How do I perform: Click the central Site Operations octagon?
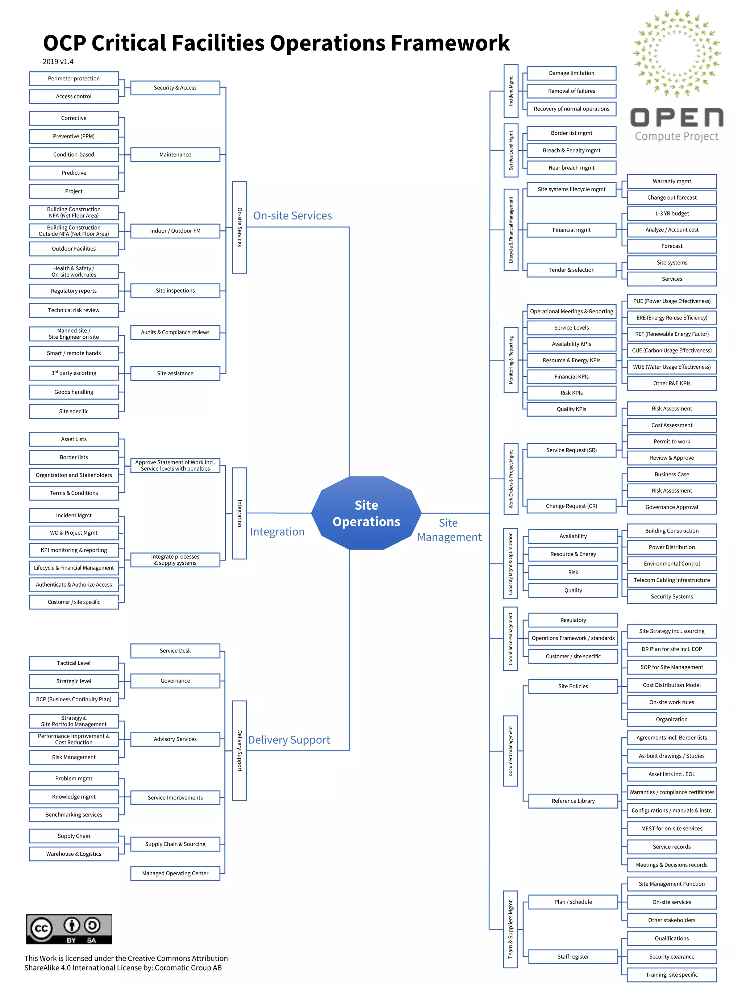coord(366,513)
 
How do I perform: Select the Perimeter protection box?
coord(74,78)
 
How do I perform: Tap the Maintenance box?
coord(175,154)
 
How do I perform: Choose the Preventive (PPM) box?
coord(74,136)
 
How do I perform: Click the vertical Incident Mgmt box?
coord(511,91)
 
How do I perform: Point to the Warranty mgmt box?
coord(671,181)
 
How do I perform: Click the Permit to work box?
coord(671,441)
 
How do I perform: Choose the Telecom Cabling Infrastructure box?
coord(671,580)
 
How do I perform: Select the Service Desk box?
coord(175,651)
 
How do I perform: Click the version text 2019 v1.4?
coord(58,62)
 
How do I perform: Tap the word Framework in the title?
coord(450,43)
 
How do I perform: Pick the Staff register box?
coord(573,956)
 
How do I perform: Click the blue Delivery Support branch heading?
coord(289,740)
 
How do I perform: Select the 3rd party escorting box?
coord(74,373)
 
